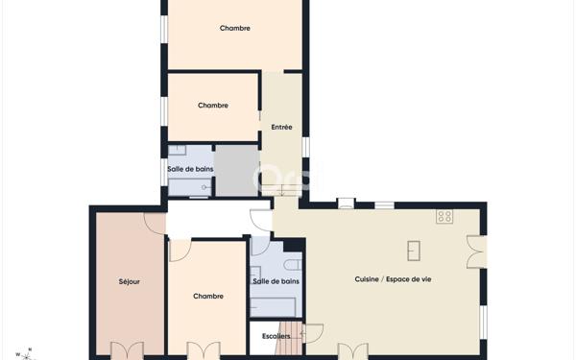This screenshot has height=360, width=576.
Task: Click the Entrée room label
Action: (x=281, y=127)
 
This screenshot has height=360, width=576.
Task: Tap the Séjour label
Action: (x=130, y=281)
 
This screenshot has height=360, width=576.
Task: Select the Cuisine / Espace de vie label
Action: (x=393, y=279)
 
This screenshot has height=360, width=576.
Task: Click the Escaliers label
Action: (x=276, y=336)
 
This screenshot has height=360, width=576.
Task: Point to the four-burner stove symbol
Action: (x=444, y=216)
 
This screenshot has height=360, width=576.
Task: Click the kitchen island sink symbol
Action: (x=414, y=251)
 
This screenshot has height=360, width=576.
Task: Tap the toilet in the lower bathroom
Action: (x=293, y=265)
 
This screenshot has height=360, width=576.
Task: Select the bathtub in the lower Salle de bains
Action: (x=273, y=307)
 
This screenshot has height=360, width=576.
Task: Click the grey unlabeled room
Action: (x=236, y=170)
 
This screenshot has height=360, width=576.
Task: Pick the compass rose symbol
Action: (x=26, y=355)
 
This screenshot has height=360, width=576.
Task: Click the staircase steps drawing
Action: (x=290, y=339)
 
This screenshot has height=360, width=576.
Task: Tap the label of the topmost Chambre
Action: (x=235, y=28)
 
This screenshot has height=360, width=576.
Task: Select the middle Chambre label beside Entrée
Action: (x=213, y=106)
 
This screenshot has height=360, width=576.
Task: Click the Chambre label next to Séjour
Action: (x=208, y=296)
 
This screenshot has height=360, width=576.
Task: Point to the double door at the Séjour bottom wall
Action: (x=127, y=350)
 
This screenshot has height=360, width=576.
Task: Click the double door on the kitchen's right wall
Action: (x=476, y=252)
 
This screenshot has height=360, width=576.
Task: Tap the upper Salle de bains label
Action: (x=190, y=169)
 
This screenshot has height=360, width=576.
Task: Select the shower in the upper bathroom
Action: (x=189, y=187)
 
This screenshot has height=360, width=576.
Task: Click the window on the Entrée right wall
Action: (x=305, y=147)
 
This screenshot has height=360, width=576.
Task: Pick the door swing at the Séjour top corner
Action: (x=155, y=224)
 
